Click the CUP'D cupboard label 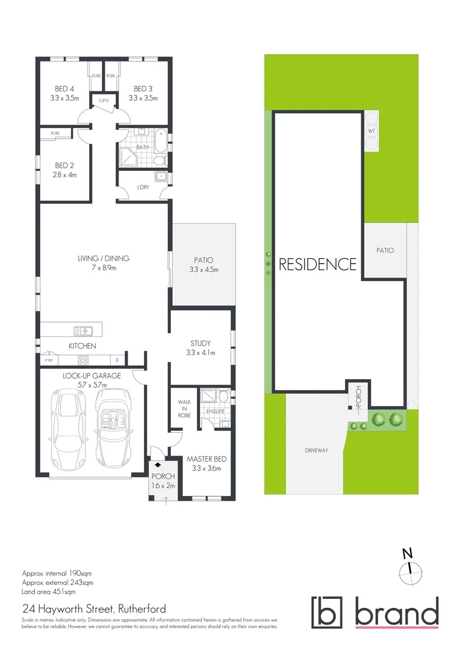pos(104,100)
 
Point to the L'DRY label pos(143,188)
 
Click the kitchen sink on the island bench pos(82,330)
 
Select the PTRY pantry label pos(49,361)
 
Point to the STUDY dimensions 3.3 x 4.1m pos(202,353)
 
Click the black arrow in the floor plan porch pos(158,465)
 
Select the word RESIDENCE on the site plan pos(317,264)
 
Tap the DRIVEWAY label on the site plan pos(315,450)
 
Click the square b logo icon pos(326,612)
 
